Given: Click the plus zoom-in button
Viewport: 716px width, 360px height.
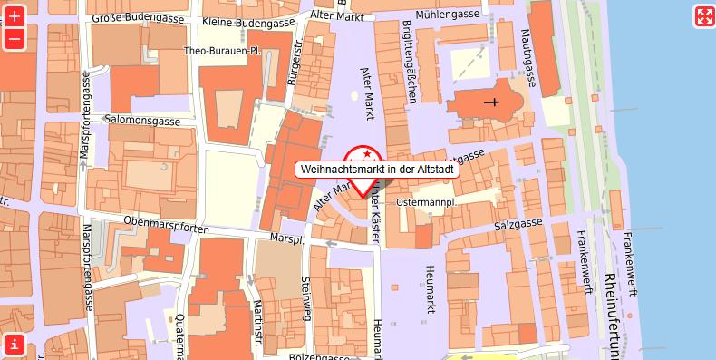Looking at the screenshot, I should click(15, 15).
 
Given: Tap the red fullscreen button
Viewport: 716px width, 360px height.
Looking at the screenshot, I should click(704, 15).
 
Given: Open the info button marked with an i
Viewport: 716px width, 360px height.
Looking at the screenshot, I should click(14, 344).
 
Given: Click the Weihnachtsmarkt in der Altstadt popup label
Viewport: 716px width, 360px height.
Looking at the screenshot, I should click(377, 169).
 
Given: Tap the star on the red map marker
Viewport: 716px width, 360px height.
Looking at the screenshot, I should click(363, 155).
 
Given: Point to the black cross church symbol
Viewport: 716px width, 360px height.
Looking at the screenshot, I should click(491, 102).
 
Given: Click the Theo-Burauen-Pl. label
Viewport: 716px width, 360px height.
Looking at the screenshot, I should click(223, 52).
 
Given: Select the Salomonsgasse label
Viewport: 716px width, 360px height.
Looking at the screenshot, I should click(142, 120).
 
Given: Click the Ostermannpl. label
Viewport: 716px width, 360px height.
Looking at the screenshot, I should click(425, 201).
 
